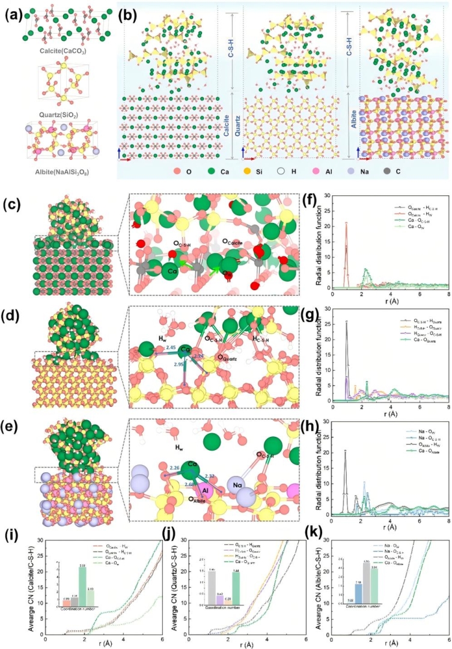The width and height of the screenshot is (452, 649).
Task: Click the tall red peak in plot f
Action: coord(346,224)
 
